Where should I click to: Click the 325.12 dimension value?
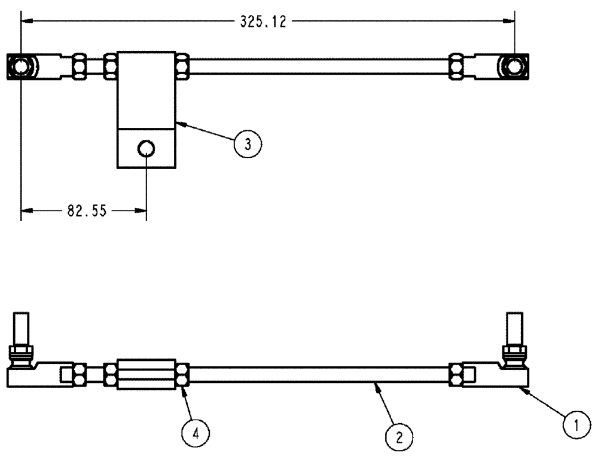(x=264, y=22)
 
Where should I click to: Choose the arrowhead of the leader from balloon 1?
(x=523, y=388)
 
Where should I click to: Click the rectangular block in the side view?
(x=147, y=374)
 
